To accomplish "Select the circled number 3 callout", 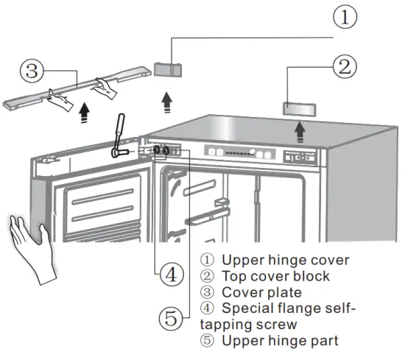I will tap(29, 71).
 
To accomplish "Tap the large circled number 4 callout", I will tap(170, 275).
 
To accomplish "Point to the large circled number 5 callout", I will tap(171, 319).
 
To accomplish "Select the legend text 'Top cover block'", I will tap(275, 276).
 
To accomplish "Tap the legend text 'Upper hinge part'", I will tap(280, 341).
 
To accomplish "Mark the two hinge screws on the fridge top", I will tap(161, 151).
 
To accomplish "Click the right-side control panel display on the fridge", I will tap(301, 157).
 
